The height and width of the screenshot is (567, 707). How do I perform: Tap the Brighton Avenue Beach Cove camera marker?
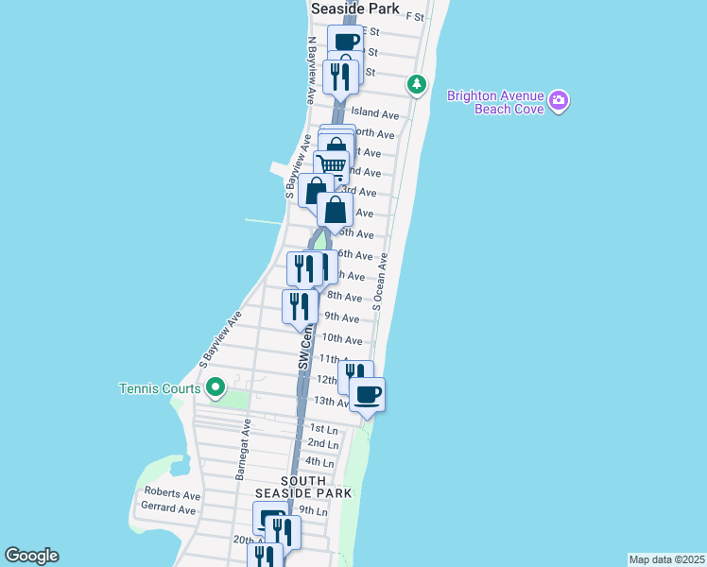click(559, 101)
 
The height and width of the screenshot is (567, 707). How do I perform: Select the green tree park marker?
click(416, 85)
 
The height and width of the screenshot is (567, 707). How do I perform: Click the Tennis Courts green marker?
click(216, 387)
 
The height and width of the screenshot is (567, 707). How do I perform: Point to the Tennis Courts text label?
click(160, 388)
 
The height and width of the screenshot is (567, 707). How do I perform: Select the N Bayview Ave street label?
click(311, 71)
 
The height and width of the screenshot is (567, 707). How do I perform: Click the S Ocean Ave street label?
click(380, 281)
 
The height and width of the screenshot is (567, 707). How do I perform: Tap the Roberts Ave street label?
click(172, 494)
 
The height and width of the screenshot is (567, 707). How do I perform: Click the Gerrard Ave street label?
click(168, 509)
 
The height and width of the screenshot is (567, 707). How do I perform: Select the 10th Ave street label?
click(342, 339)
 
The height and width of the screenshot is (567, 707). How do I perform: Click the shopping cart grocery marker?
click(332, 165)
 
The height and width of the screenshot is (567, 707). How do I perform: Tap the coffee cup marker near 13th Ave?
click(367, 393)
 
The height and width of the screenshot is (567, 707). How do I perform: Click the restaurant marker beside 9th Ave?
click(300, 306)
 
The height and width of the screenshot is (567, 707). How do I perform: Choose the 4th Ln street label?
click(320, 463)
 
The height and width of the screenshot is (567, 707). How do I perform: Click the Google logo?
click(31, 556)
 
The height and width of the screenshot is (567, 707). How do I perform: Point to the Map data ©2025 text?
click(667, 559)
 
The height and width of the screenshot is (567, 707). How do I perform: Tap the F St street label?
click(414, 17)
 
